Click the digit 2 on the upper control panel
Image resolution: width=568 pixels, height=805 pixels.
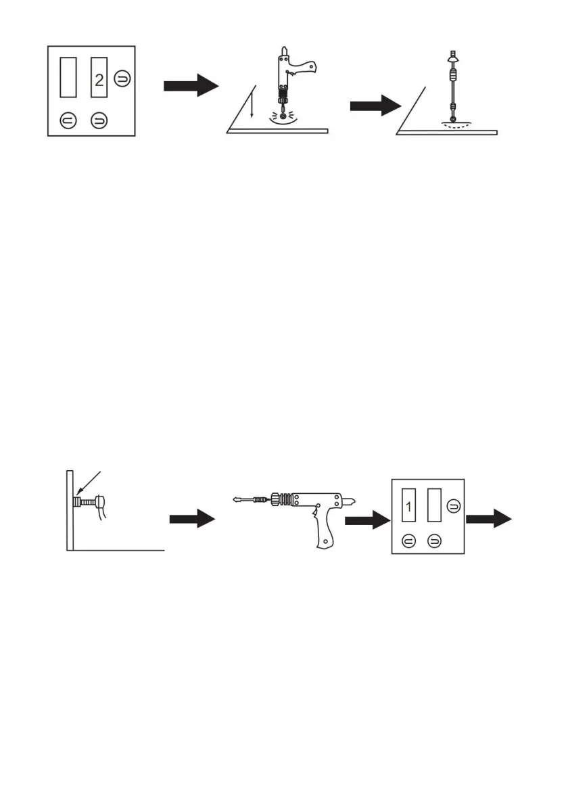pyautogui.click(x=99, y=81)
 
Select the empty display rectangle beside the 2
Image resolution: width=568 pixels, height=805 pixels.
pyautogui.click(x=68, y=77)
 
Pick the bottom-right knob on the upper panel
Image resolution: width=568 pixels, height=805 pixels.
pyautogui.click(x=99, y=120)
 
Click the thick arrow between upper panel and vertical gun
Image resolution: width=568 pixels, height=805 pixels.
pyautogui.click(x=191, y=87)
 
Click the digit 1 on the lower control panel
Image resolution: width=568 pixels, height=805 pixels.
pyautogui.click(x=408, y=506)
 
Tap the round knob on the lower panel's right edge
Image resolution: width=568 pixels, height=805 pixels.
pyautogui.click(x=454, y=505)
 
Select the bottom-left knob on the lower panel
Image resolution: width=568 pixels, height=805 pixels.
pyautogui.click(x=408, y=540)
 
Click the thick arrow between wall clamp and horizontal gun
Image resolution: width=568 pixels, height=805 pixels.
pyautogui.click(x=191, y=520)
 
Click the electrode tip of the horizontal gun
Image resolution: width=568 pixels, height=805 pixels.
pyautogui.click(x=235, y=501)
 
